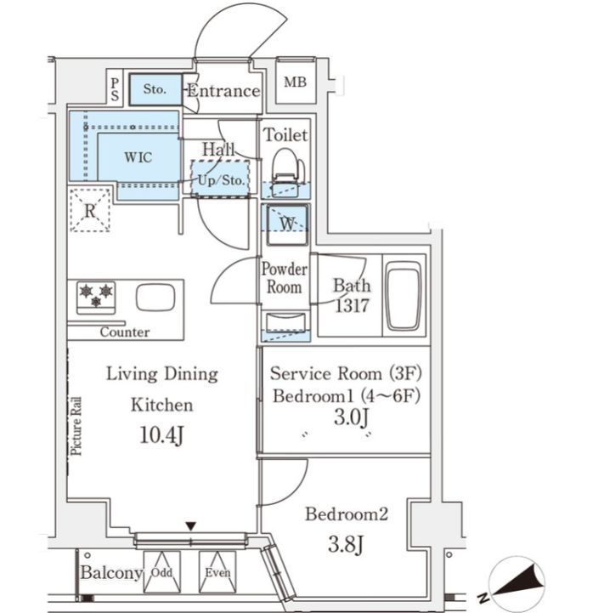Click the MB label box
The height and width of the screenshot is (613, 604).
(x=296, y=82)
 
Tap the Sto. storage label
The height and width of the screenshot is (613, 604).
(x=155, y=89)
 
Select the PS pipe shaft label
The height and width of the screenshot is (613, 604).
(x=115, y=89)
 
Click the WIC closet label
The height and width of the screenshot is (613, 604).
(x=138, y=157)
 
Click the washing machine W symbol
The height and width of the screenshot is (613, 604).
(x=287, y=224)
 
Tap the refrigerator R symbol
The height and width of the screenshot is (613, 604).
(x=90, y=211)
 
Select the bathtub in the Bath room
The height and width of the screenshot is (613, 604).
(x=404, y=296)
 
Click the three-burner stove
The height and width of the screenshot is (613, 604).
(x=96, y=298)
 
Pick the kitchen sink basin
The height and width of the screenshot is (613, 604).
(x=155, y=298)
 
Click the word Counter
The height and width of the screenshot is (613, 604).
(x=125, y=332)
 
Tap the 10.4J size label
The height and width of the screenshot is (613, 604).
(x=161, y=435)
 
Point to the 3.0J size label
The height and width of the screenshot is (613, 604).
(x=351, y=417)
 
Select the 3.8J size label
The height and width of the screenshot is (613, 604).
(x=346, y=544)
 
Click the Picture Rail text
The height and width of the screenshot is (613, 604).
(x=76, y=426)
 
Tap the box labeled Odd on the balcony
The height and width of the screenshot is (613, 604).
(x=161, y=572)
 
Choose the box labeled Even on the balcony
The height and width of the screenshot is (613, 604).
(x=217, y=572)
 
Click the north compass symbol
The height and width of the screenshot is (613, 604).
(x=516, y=582)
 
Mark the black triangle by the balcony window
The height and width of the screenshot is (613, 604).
(x=190, y=526)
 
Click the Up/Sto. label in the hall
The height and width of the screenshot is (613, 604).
(x=221, y=180)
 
